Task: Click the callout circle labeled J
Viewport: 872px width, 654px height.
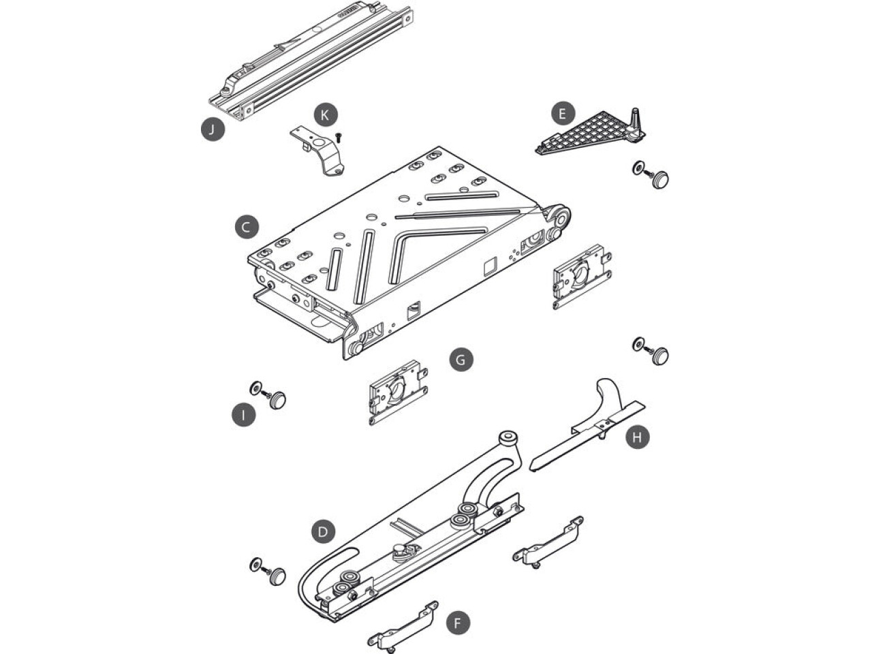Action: point(213,129)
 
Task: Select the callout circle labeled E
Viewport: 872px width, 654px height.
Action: point(563,114)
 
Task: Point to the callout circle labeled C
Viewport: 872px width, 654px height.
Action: point(247,227)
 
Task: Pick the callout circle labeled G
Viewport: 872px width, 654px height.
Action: point(461,360)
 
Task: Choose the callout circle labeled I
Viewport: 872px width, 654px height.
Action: point(243,416)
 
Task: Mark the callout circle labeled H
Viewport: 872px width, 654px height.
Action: point(638,437)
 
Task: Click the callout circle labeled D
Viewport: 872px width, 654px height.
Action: point(323,531)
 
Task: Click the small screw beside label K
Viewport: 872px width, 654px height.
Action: point(339,138)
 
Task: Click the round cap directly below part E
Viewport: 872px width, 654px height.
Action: point(660,179)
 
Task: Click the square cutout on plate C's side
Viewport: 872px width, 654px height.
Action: point(490,266)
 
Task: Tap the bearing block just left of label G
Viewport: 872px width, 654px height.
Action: point(399,392)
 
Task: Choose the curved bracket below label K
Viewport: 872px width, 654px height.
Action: point(318,151)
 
